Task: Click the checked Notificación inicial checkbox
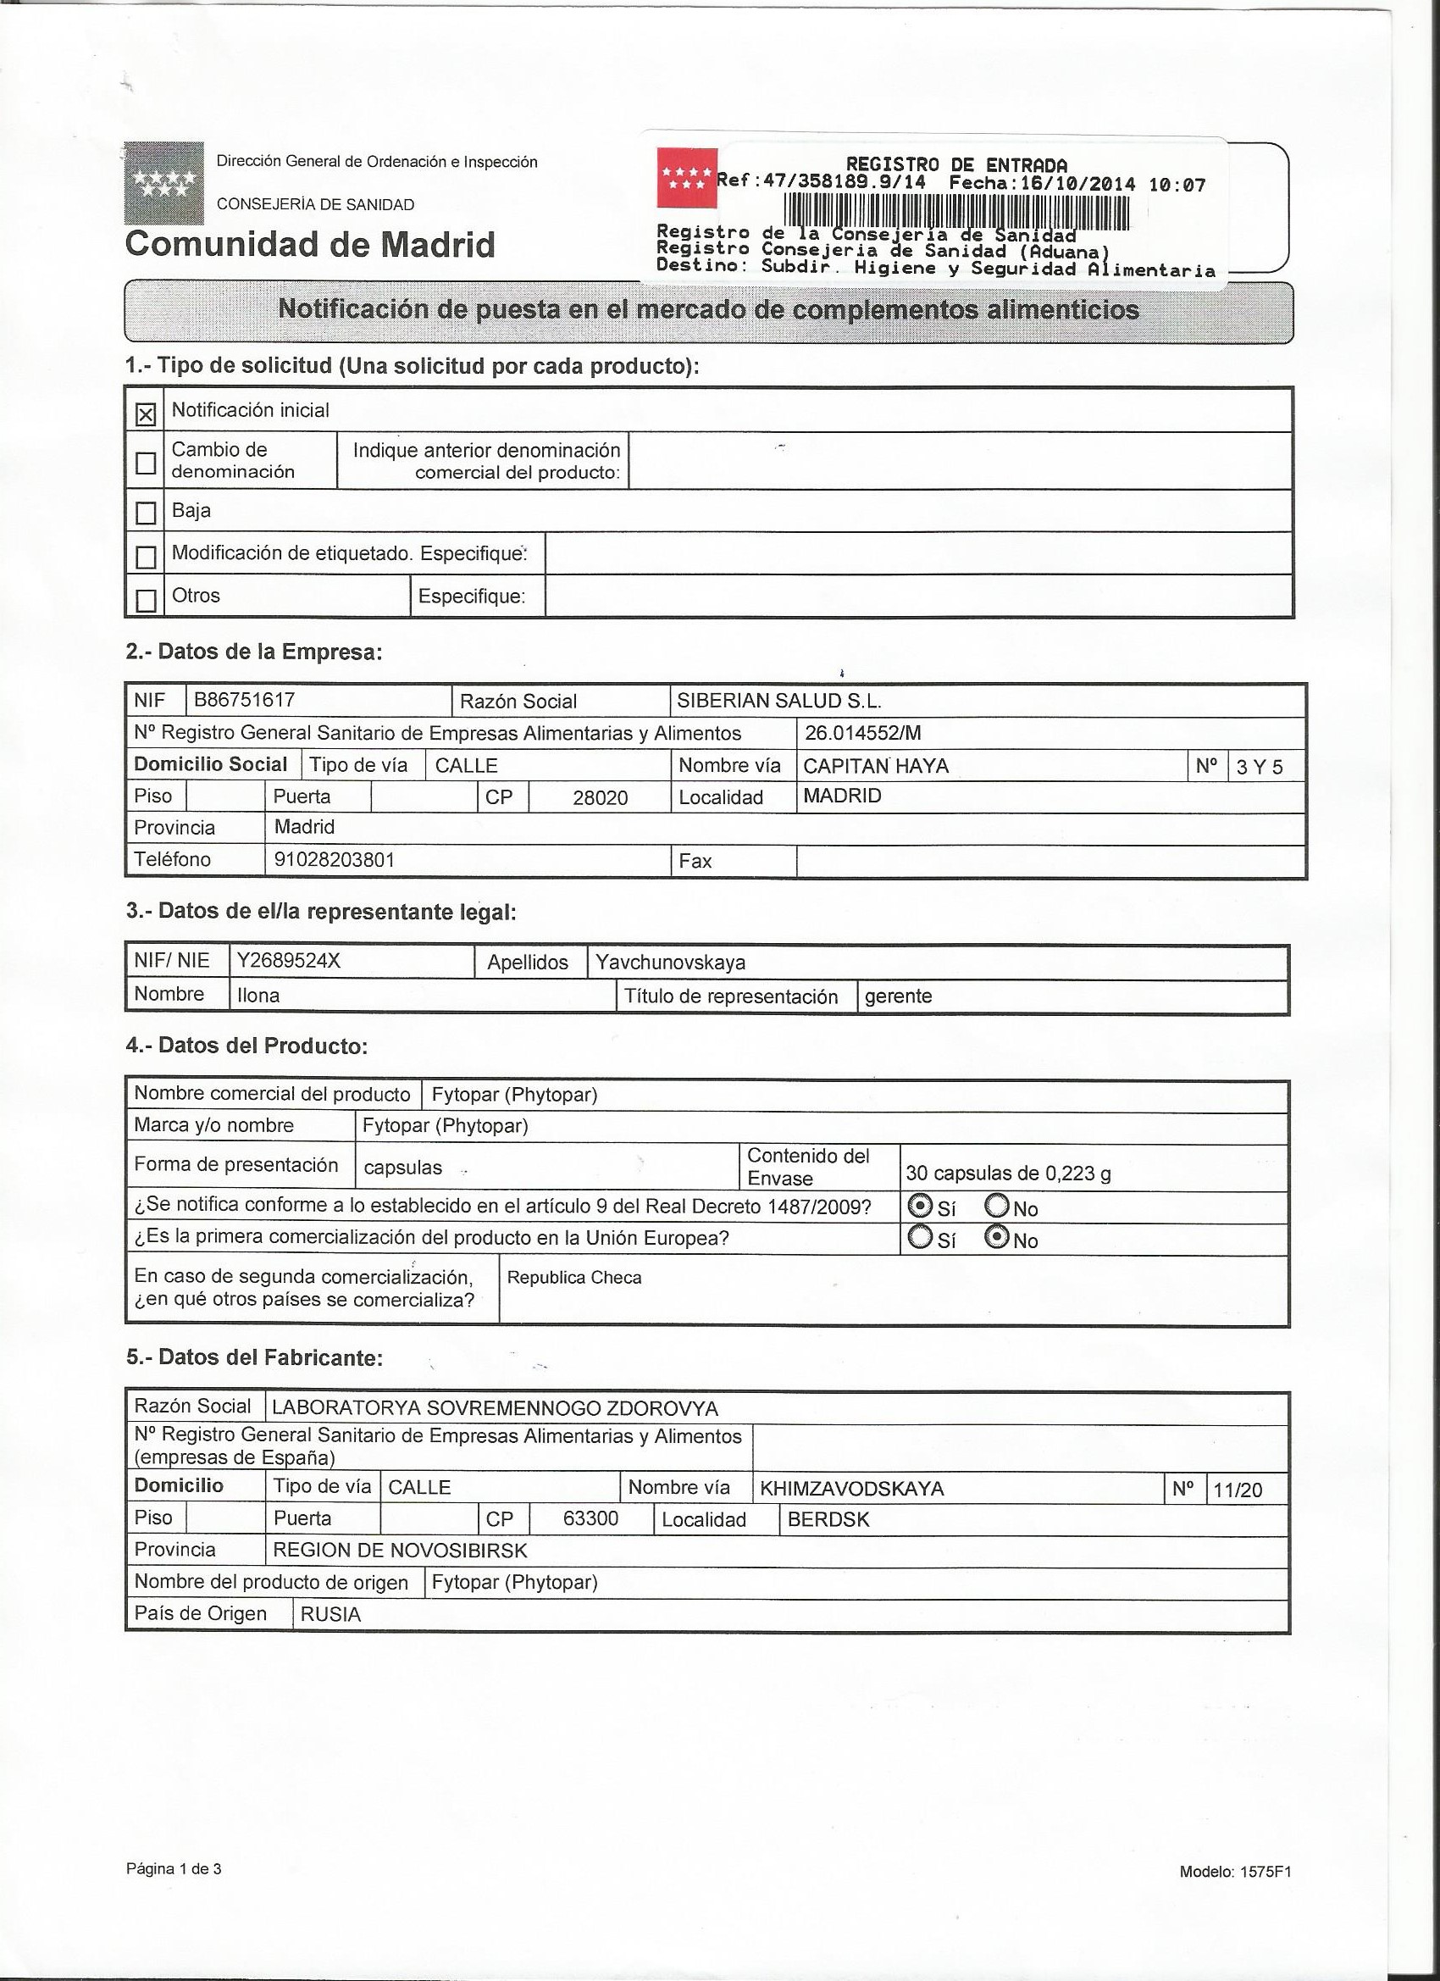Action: pos(146,413)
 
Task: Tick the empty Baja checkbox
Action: pos(146,512)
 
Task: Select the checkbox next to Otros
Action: pos(146,600)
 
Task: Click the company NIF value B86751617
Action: pos(245,700)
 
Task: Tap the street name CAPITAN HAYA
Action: pos(875,766)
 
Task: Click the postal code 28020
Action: pos(600,797)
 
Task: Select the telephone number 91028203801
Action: pos(335,859)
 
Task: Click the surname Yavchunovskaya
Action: pos(670,963)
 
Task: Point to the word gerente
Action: pos(898,996)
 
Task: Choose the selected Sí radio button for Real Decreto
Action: pos(920,1207)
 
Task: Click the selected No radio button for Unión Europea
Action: pos(996,1238)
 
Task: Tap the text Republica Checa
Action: pos(573,1277)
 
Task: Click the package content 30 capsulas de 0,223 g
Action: pos(1008,1173)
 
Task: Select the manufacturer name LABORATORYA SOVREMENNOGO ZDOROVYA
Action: pos(496,1408)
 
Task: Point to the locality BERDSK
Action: pos(828,1519)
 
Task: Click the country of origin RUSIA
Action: pos(330,1614)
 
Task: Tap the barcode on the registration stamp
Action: pos(956,211)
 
